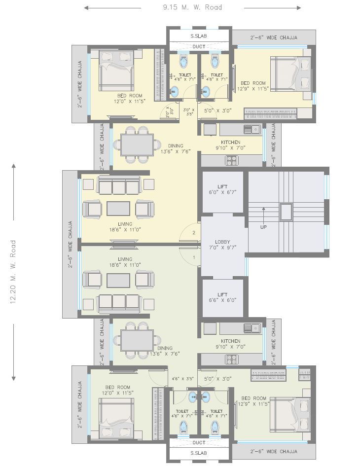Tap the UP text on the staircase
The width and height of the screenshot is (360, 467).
click(264, 227)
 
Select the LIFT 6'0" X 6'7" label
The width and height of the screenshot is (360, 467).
click(223, 190)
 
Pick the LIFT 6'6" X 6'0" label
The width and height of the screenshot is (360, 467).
click(223, 297)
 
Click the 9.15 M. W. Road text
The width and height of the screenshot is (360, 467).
click(192, 7)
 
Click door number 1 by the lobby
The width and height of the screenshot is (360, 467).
click(194, 257)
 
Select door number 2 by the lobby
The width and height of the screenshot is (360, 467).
click(194, 232)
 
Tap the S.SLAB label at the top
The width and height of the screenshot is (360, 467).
click(199, 36)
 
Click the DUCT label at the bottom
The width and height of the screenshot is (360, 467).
click(199, 442)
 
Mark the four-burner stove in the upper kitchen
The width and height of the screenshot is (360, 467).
click(232, 160)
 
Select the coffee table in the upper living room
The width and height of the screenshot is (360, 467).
click(118, 208)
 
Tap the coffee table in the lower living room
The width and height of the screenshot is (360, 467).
click(118, 280)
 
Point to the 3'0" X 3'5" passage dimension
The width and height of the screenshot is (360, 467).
click(188, 113)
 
